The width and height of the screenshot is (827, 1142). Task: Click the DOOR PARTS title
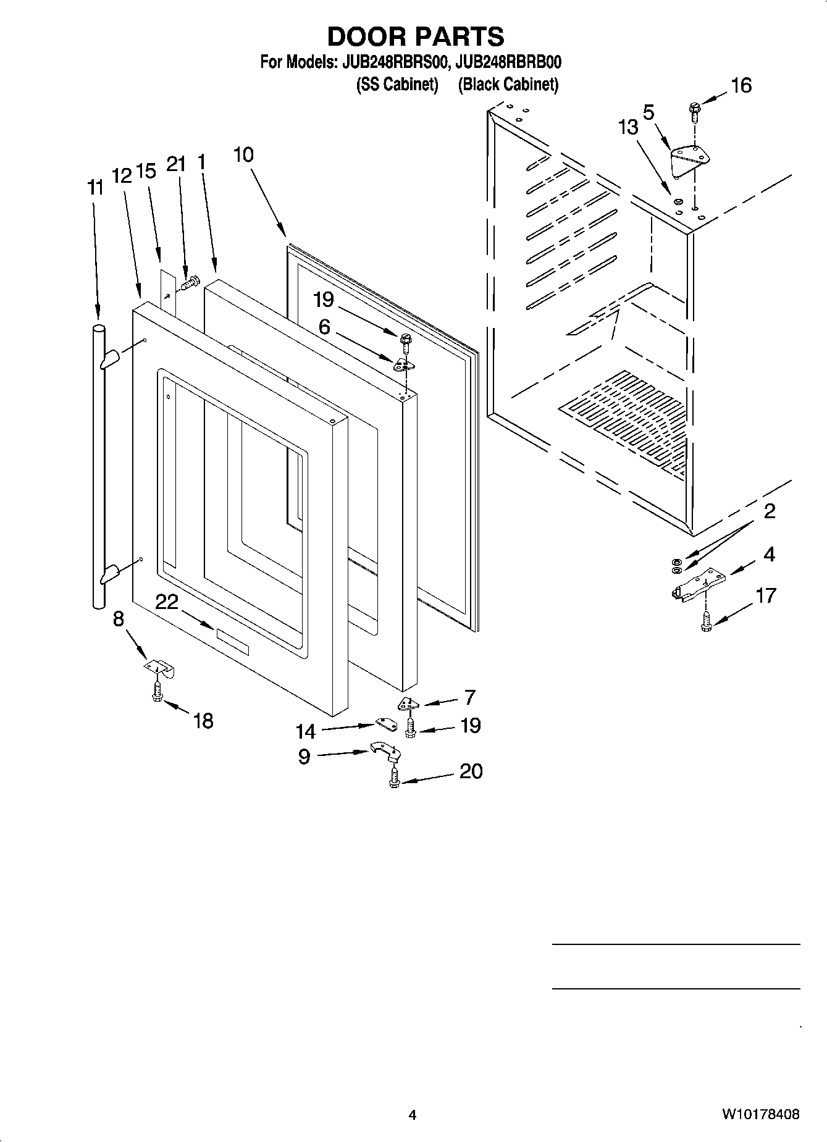(x=415, y=36)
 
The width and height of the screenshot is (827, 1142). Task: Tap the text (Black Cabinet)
(x=508, y=85)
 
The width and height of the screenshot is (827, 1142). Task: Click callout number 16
(x=741, y=85)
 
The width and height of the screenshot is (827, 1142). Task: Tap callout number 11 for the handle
(x=95, y=188)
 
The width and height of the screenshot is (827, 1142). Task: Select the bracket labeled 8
(x=160, y=668)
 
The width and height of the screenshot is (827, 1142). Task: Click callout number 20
(x=471, y=771)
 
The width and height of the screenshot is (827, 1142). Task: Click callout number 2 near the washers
(x=769, y=511)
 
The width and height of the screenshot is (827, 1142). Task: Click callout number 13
(x=628, y=128)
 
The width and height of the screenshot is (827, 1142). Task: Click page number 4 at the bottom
(x=413, y=1115)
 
